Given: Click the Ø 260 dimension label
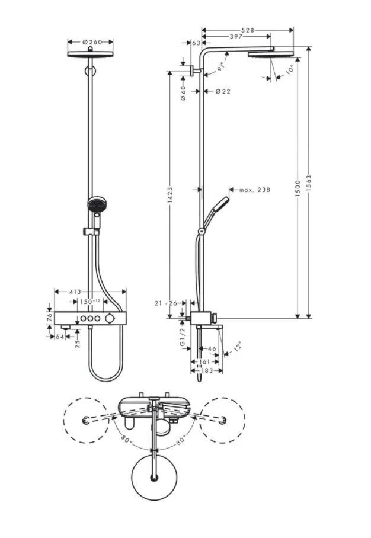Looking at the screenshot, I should (91, 42).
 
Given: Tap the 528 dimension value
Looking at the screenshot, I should (248, 30).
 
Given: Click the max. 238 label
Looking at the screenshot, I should (254, 190).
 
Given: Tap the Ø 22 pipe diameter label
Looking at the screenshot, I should (223, 91).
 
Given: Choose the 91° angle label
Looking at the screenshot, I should (222, 66).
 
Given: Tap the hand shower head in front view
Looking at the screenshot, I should (95, 205).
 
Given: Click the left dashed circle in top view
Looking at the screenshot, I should (87, 420).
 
